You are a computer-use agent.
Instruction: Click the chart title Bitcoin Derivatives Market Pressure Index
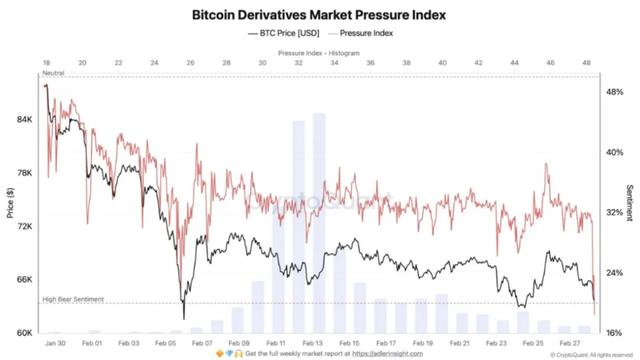click(x=319, y=15)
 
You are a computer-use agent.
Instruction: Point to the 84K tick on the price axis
click(x=25, y=119)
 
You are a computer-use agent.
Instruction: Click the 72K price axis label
click(x=25, y=226)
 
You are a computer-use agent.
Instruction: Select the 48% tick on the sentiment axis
click(x=613, y=91)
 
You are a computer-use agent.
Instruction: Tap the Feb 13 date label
click(x=312, y=343)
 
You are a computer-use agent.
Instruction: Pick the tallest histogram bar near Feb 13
click(x=319, y=220)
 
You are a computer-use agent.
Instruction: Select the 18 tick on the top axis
click(x=45, y=62)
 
